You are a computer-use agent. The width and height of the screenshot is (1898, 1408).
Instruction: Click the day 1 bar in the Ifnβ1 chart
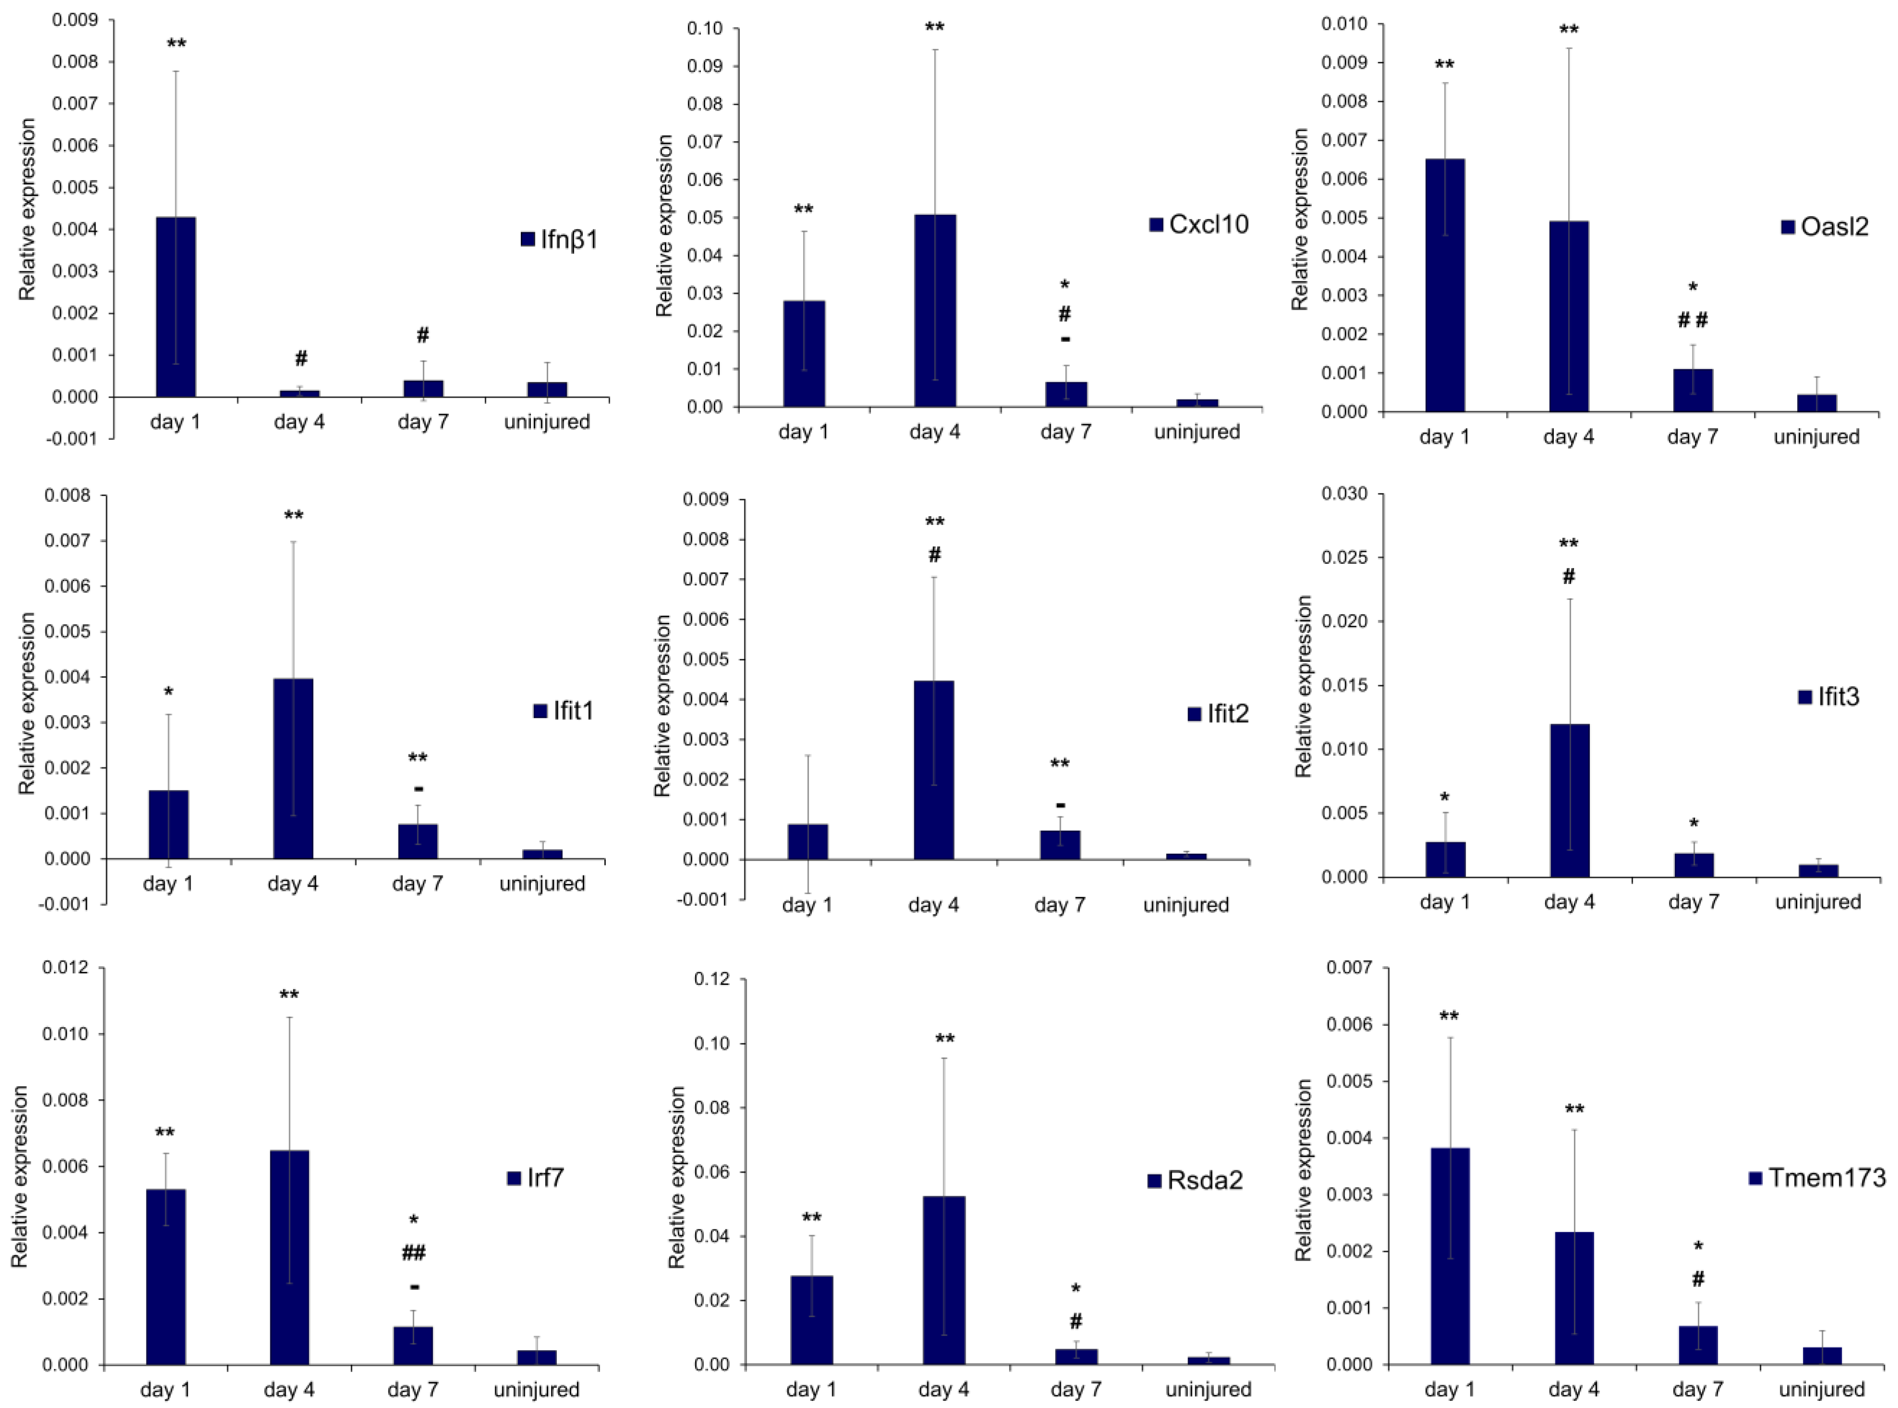(x=176, y=307)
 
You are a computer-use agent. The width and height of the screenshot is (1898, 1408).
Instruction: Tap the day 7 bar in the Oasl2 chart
(x=1692, y=390)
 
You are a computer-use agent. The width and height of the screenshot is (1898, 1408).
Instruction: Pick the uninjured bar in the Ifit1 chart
(x=542, y=853)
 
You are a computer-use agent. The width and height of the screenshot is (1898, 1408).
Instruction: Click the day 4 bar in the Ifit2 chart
(x=934, y=770)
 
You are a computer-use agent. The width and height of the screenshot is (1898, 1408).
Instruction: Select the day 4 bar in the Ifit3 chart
(x=1569, y=801)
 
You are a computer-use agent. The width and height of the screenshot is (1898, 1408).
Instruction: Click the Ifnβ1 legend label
(x=569, y=240)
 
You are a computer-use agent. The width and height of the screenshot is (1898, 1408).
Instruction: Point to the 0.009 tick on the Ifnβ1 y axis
(x=75, y=20)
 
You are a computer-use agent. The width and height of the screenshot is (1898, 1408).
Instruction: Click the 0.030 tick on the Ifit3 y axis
(x=1343, y=494)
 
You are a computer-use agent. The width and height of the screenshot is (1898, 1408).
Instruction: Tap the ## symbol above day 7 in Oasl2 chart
(x=1692, y=320)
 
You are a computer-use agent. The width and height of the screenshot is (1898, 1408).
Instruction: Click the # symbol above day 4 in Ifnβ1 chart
(x=300, y=359)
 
